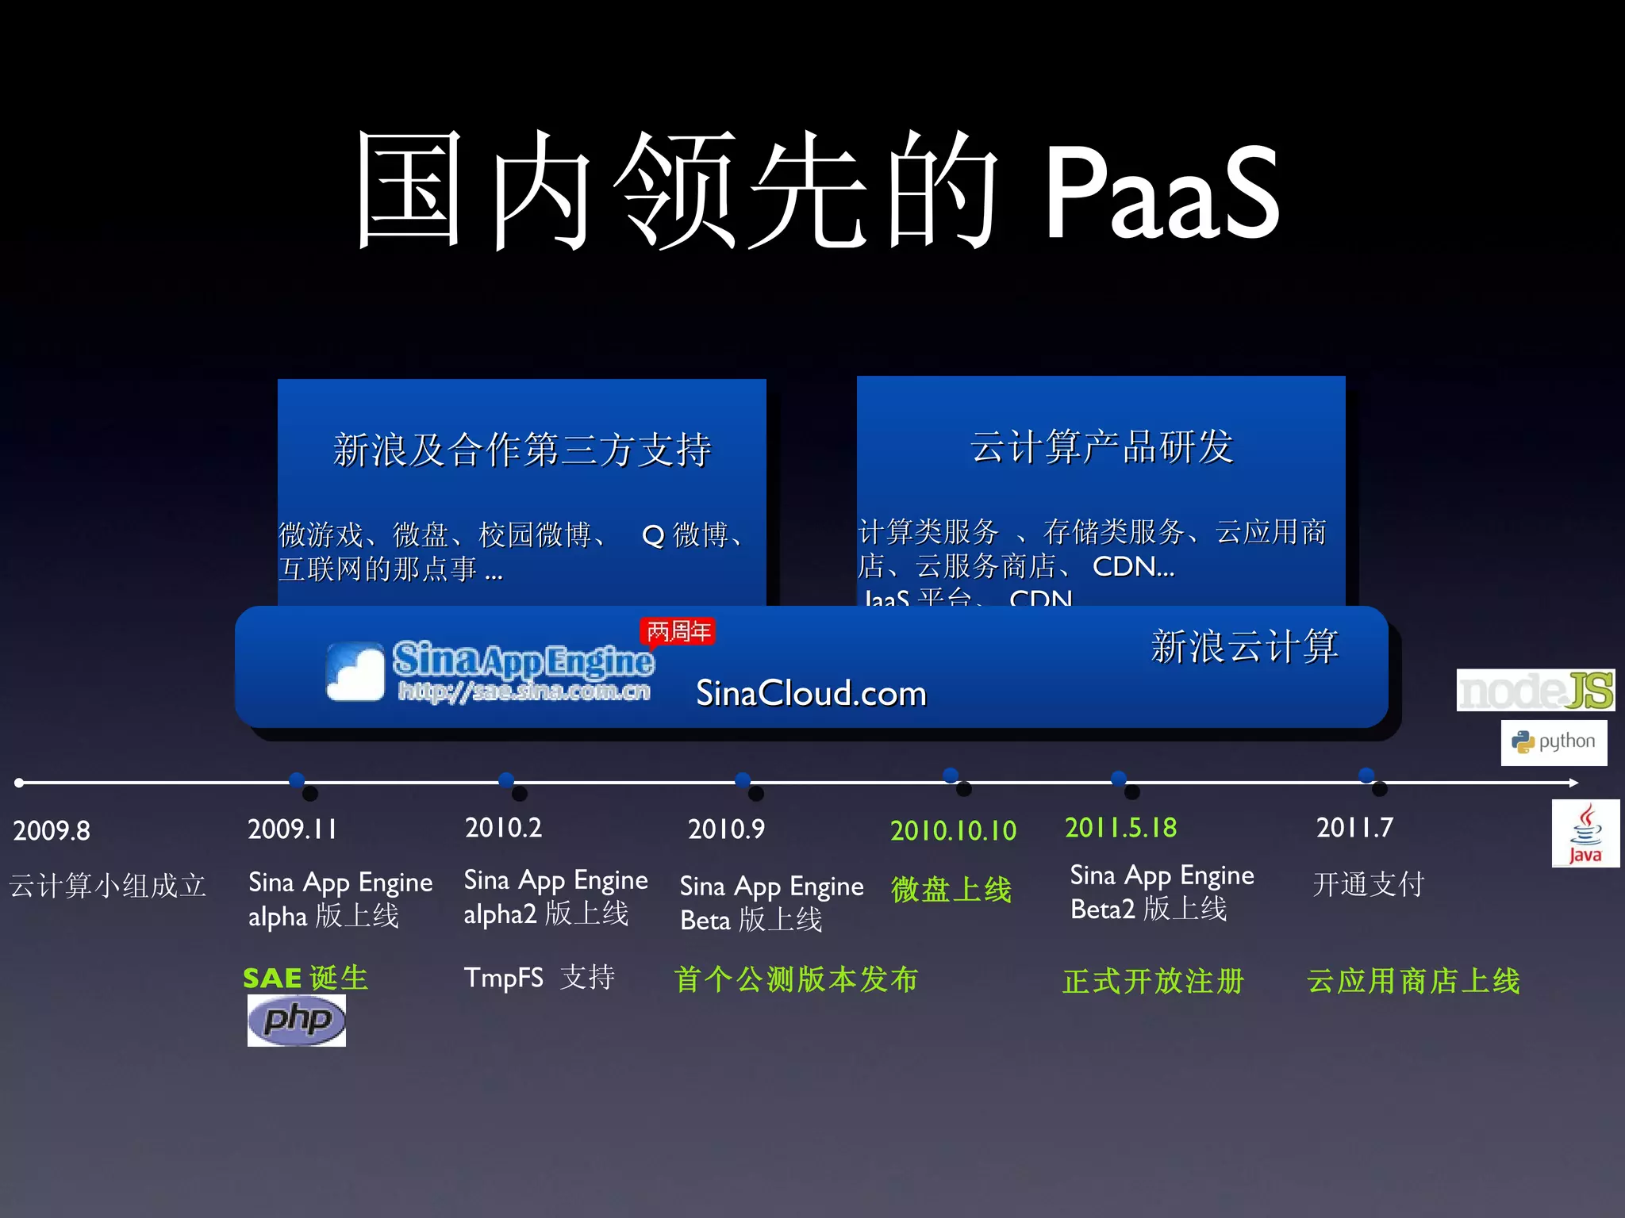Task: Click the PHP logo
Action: tap(296, 1020)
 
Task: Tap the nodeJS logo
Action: tap(1535, 690)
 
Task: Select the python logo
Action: tap(1554, 742)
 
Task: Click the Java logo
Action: tap(1585, 834)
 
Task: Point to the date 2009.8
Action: tap(52, 831)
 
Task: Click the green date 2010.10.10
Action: tap(953, 831)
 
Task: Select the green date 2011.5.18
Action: tap(1120, 828)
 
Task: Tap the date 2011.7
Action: tap(1354, 828)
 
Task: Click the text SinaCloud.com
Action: tap(811, 694)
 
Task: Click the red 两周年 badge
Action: tap(678, 632)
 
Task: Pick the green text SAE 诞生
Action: tap(305, 978)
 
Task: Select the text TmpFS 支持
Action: tap(540, 978)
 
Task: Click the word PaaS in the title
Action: tap(1161, 194)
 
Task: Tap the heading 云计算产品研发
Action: tap(1101, 447)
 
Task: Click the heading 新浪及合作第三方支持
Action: tap(521, 450)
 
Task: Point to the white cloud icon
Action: tap(355, 672)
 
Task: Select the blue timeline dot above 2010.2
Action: tap(506, 780)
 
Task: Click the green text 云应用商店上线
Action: tap(1413, 982)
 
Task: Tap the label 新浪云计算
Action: tap(1244, 646)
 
